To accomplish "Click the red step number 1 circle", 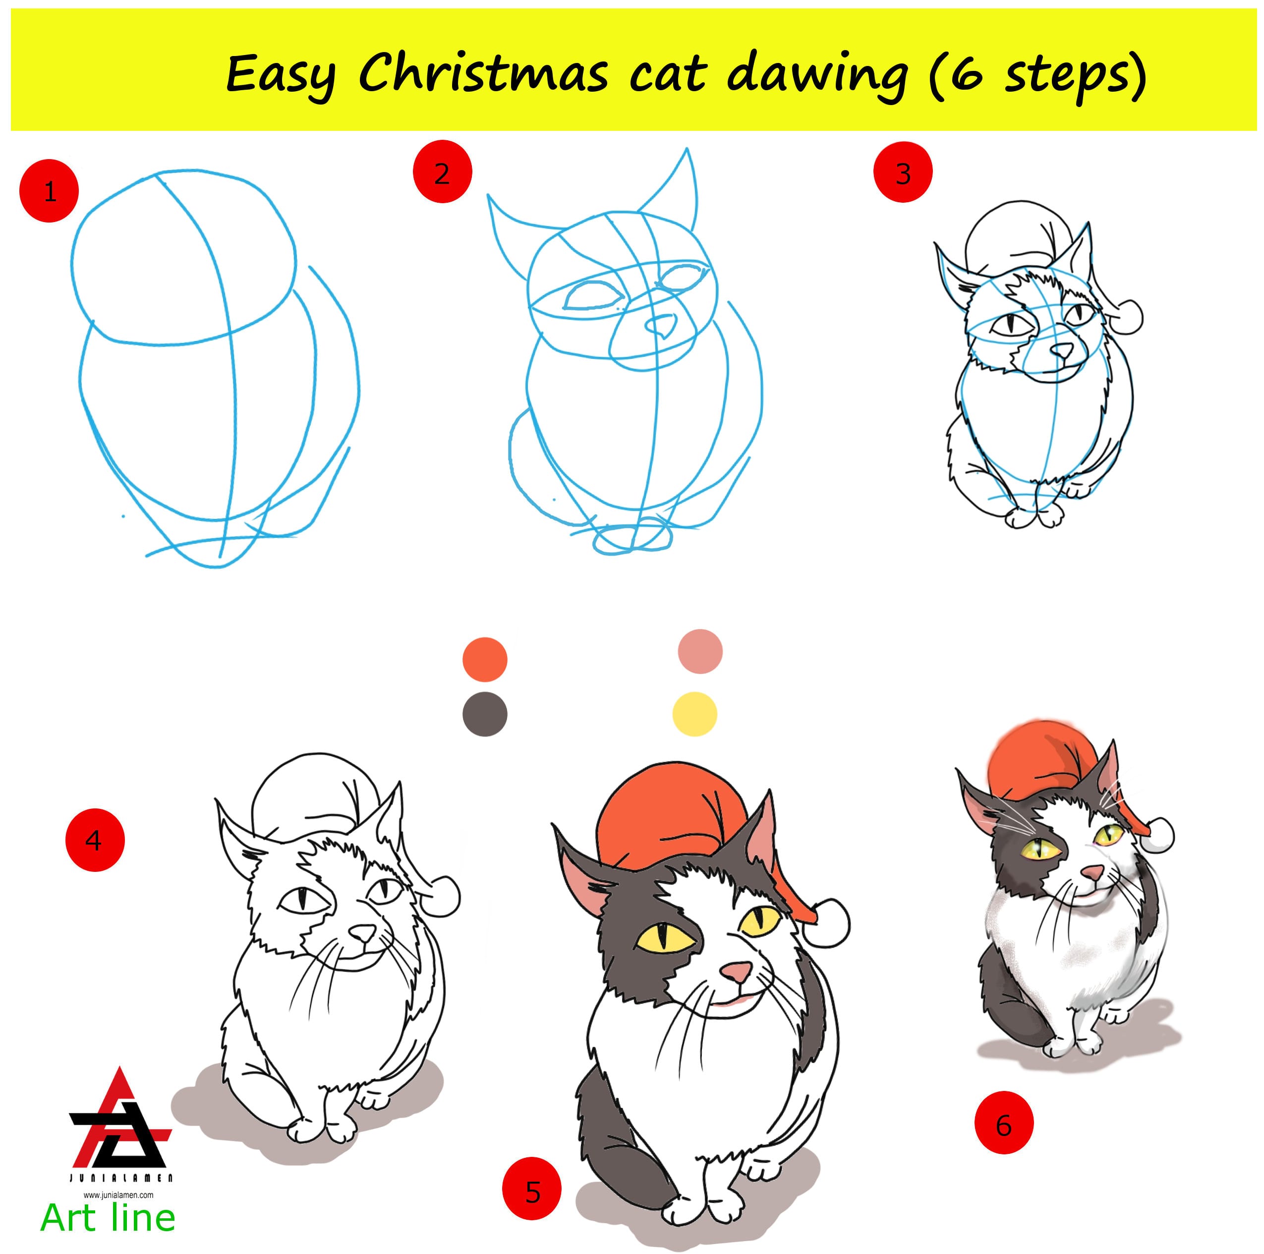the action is (49, 192).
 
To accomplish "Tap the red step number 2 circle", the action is (442, 172).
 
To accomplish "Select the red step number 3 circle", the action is (903, 172).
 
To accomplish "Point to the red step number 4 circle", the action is (95, 840).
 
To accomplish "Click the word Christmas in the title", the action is (483, 74).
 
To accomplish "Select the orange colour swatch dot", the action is (485, 659).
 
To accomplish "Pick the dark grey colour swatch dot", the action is (485, 714).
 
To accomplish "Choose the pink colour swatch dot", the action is (700, 651).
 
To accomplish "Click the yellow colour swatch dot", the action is (695, 714).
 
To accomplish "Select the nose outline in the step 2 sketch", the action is (661, 325).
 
